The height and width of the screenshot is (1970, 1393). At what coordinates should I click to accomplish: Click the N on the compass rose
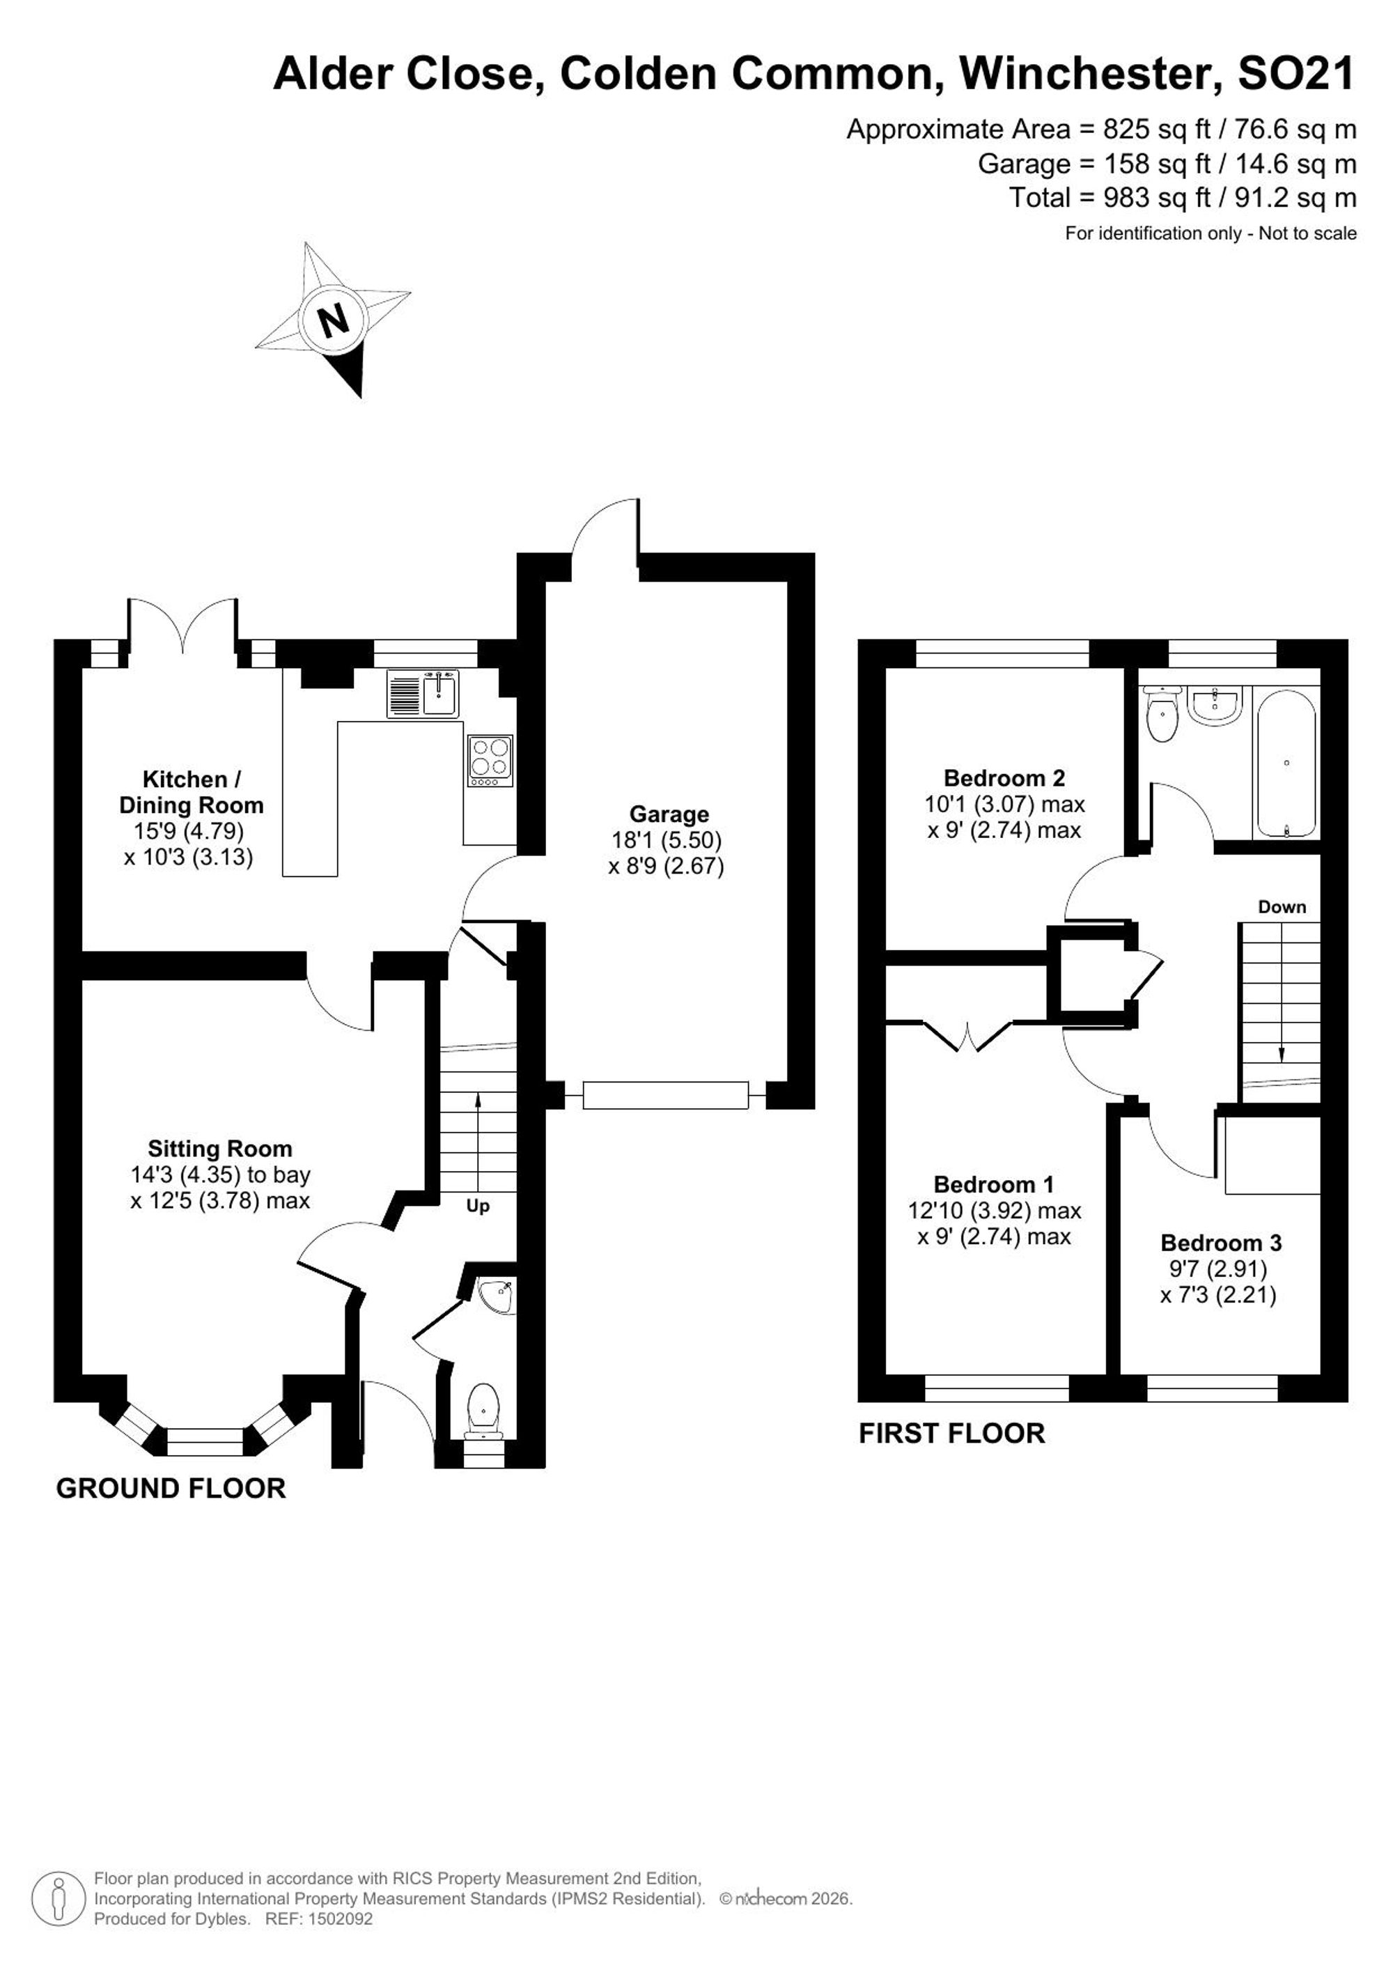334,321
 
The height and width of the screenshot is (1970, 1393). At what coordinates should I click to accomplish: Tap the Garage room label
669,814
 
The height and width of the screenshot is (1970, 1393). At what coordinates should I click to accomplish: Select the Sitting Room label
219,1149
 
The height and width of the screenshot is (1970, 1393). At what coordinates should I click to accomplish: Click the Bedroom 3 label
1220,1243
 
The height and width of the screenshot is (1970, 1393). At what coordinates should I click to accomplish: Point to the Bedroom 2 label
1004,778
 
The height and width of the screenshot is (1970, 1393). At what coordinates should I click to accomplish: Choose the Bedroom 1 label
993,1185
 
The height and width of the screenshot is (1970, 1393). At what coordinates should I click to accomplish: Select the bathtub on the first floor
1286,763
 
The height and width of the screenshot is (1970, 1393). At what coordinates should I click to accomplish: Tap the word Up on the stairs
478,1207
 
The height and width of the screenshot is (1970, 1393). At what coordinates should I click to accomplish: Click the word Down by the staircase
1282,907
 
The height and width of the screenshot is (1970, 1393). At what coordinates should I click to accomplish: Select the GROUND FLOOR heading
171,1489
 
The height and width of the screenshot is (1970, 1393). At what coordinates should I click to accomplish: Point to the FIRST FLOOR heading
952,1434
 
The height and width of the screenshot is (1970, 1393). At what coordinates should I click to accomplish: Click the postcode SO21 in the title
1296,73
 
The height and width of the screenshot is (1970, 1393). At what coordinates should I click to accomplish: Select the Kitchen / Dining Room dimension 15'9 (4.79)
189,830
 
